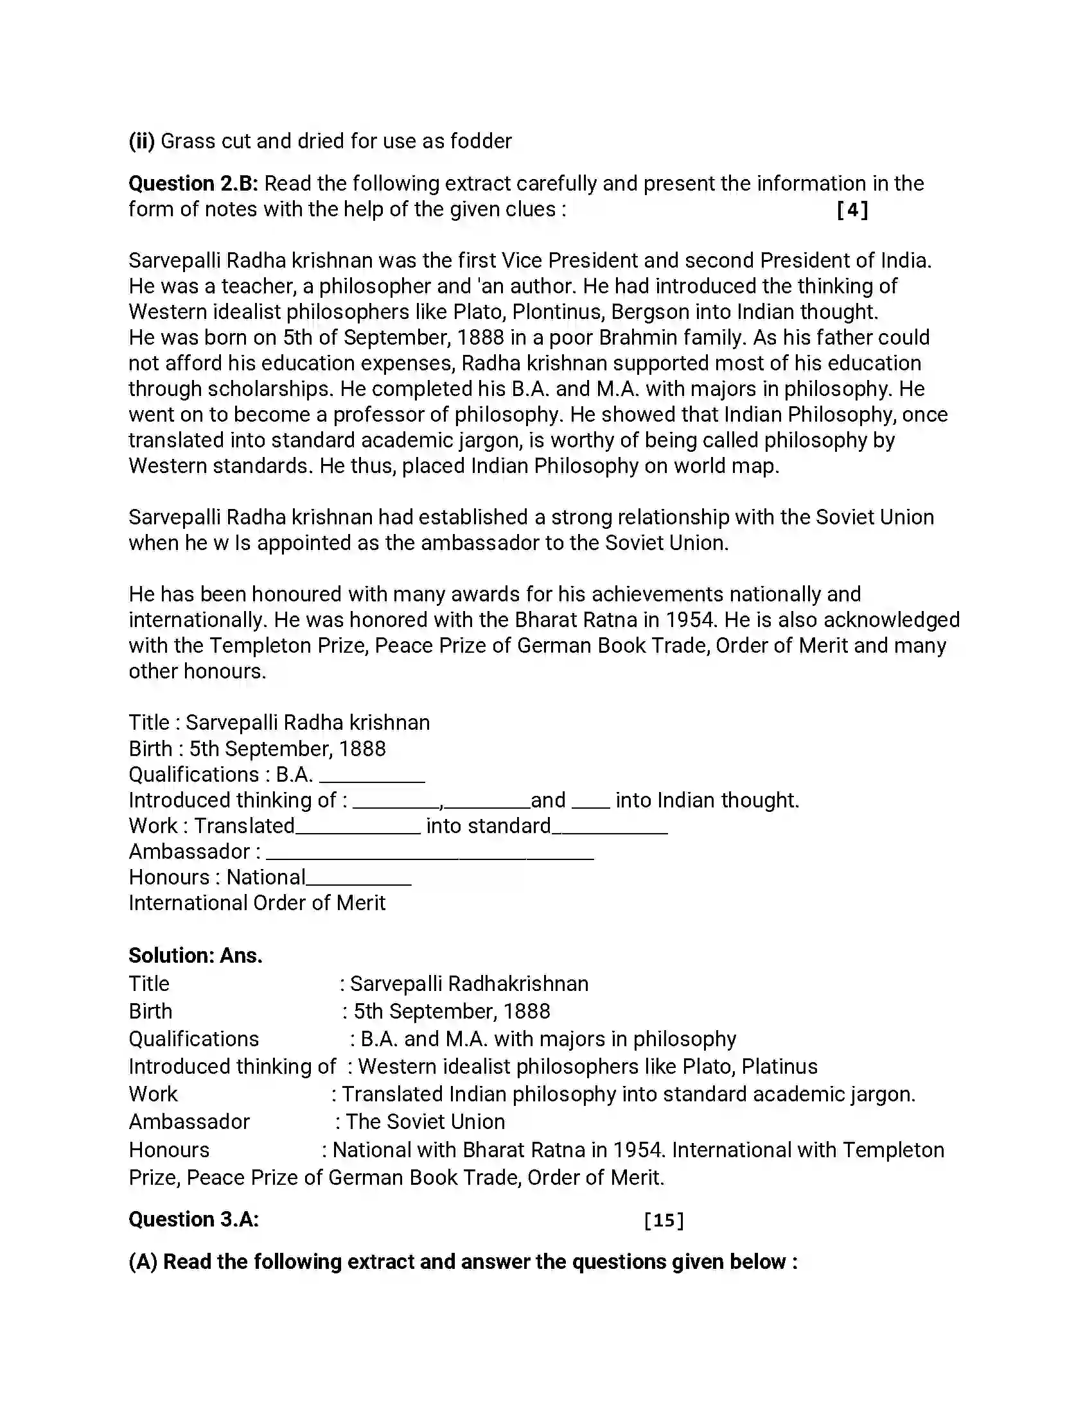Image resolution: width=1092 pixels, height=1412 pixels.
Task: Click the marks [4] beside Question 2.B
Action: coord(852,210)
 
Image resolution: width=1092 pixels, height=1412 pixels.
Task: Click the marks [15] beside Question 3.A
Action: coord(664,1221)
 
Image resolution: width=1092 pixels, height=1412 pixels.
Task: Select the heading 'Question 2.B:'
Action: coord(193,184)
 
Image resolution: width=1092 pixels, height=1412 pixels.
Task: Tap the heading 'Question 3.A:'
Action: coord(193,1219)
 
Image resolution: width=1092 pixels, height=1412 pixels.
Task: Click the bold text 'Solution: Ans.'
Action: coord(195,956)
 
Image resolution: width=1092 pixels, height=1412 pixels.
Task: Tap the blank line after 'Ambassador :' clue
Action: coord(430,855)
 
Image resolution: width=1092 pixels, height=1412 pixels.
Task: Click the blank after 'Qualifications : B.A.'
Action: coord(372,778)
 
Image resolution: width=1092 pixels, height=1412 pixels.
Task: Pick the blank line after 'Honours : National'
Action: coord(359,881)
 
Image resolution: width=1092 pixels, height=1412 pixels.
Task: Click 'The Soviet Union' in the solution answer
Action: coord(425,1122)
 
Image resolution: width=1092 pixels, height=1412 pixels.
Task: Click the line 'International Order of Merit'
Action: coord(257,903)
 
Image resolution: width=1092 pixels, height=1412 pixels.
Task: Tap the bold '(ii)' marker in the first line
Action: coord(141,141)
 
